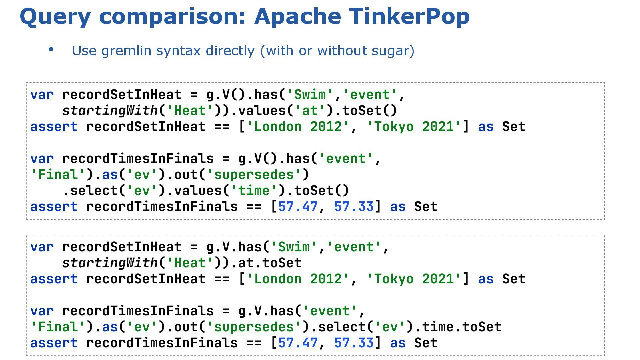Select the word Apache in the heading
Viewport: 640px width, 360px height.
coord(298,16)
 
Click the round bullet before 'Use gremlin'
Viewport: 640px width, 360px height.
coord(51,50)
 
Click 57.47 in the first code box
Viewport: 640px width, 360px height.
coord(298,207)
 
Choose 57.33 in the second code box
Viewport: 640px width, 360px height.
coord(354,343)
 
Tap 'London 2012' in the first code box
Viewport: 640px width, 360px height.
coord(298,127)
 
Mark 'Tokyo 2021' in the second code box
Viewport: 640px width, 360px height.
coord(414,279)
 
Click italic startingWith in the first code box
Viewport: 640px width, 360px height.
coord(110,111)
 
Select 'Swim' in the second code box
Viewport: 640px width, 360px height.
coord(294,247)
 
